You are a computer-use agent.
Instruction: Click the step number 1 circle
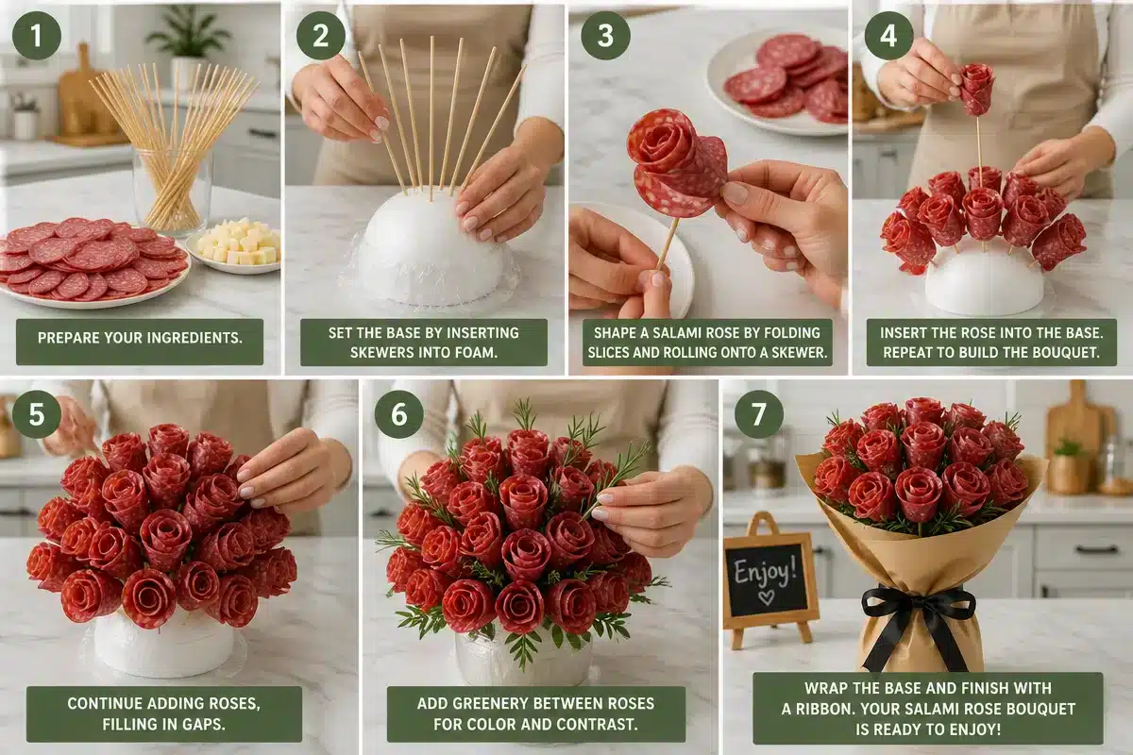tap(37, 36)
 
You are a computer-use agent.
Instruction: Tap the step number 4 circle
tap(888, 36)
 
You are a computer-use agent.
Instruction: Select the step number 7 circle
tap(759, 414)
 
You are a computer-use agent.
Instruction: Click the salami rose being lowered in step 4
tap(976, 89)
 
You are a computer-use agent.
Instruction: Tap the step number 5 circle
tap(37, 414)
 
